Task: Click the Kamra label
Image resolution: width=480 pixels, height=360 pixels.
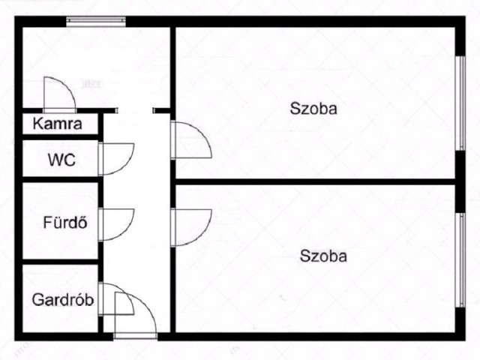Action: click(x=57, y=124)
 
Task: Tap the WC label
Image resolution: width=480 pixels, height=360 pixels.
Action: click(x=61, y=160)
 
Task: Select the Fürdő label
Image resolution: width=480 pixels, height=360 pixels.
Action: click(x=65, y=222)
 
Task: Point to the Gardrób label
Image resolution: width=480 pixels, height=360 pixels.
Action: click(x=63, y=300)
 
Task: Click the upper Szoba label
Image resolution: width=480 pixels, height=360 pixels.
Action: click(x=313, y=108)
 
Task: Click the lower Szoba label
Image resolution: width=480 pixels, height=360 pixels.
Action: click(x=323, y=256)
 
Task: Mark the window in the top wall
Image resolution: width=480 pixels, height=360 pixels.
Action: click(x=96, y=22)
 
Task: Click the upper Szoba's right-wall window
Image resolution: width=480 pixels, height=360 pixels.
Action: click(x=460, y=103)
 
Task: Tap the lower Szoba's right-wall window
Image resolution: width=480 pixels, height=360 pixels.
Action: click(x=460, y=260)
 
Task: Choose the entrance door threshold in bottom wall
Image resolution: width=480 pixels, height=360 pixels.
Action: click(x=135, y=336)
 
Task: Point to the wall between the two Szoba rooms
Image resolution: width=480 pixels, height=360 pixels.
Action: click(x=315, y=181)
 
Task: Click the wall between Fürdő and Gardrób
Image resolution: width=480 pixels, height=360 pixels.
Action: click(x=60, y=262)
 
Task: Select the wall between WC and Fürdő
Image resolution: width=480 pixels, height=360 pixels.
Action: click(x=60, y=179)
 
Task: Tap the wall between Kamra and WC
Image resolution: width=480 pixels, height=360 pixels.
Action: click(x=60, y=137)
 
